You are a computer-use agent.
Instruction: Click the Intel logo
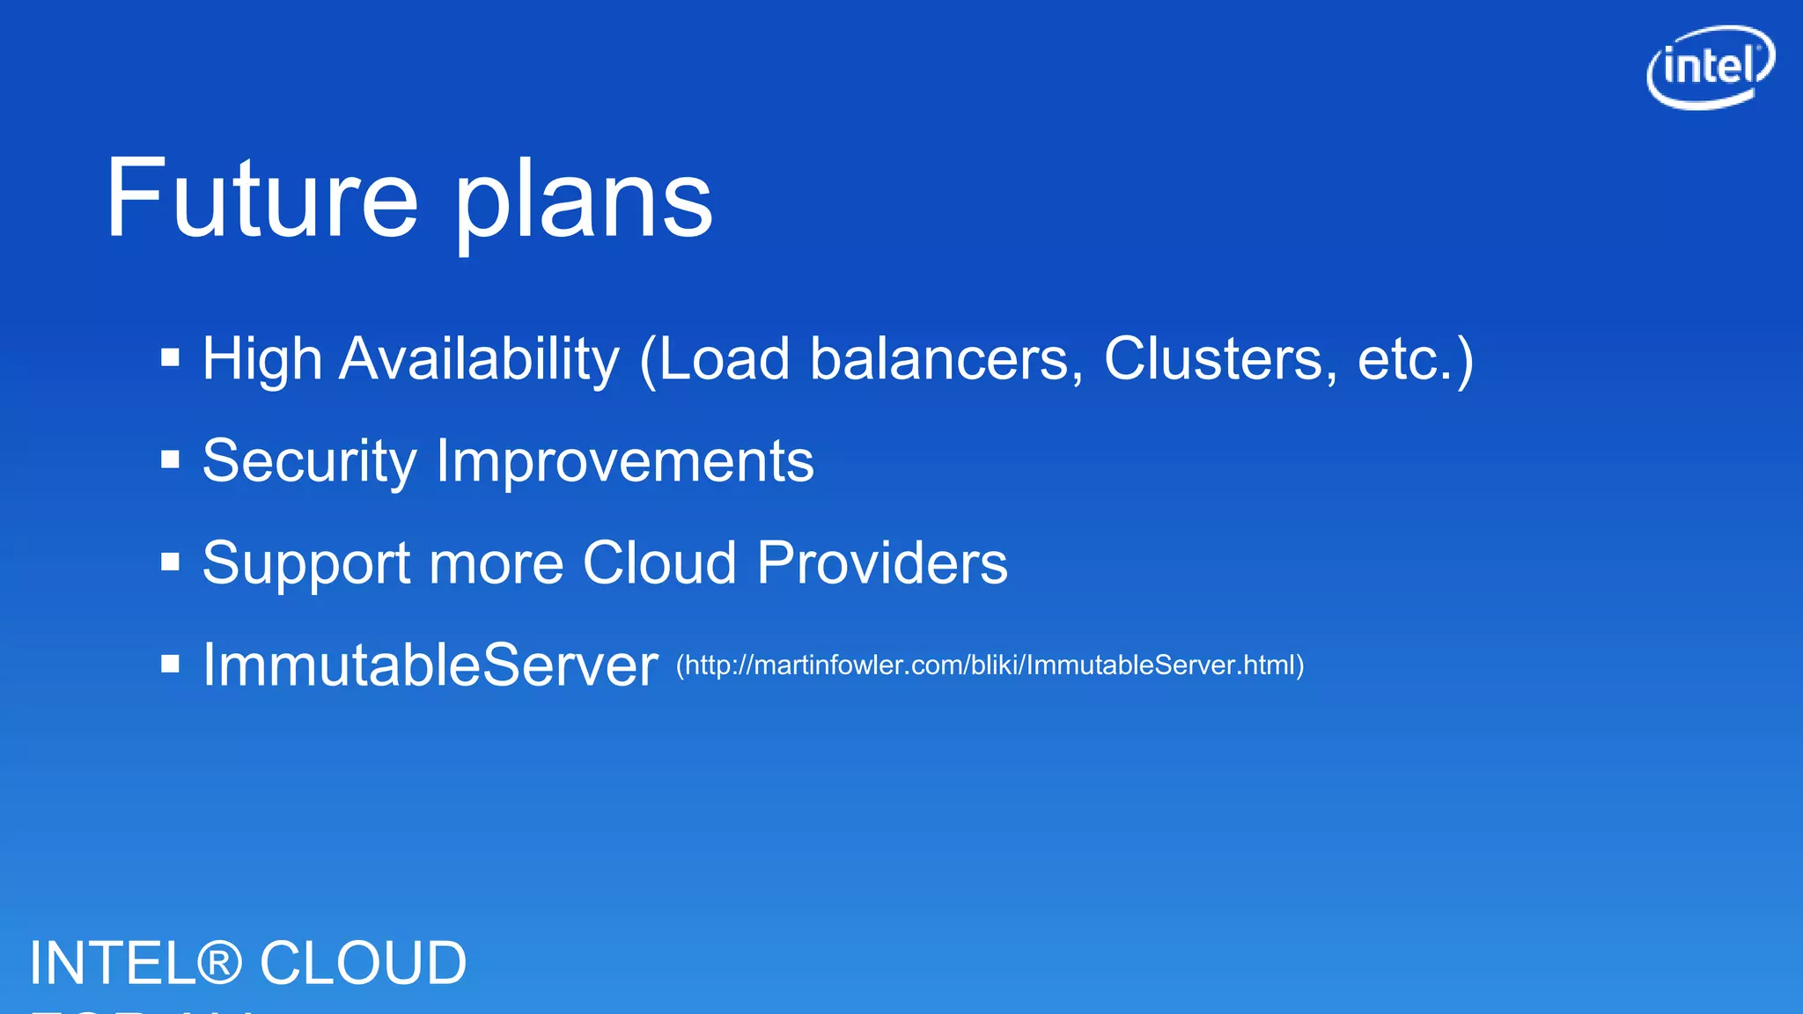click(1710, 67)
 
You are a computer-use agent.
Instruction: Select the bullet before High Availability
click(171, 357)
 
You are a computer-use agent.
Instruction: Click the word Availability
click(479, 359)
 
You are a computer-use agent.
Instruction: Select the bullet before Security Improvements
click(171, 459)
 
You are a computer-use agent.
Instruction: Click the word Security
click(309, 461)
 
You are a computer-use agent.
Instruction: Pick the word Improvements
click(625, 461)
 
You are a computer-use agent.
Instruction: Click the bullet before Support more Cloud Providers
click(171, 562)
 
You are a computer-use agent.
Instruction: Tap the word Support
click(305, 563)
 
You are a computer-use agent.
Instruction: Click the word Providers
click(882, 563)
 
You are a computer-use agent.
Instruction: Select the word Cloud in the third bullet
click(659, 563)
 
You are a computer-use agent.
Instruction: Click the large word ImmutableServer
click(430, 665)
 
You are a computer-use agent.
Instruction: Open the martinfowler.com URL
click(990, 665)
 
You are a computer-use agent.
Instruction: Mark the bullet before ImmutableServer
click(171, 664)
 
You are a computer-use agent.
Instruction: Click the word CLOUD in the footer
click(363, 963)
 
